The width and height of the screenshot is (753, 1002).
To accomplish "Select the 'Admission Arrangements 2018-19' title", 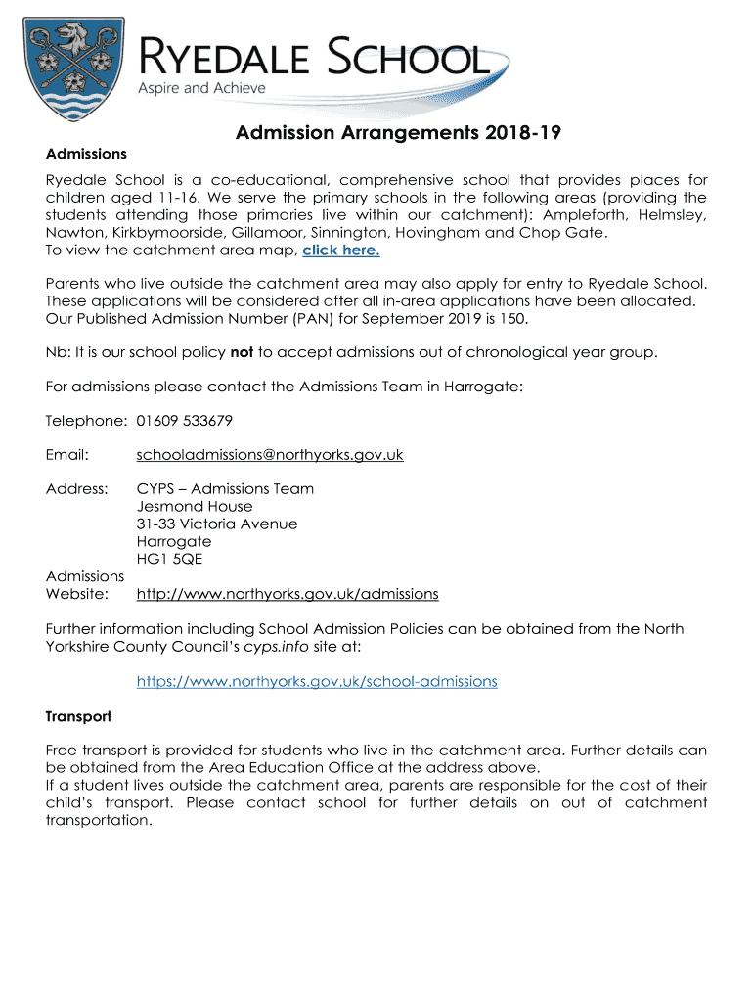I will coord(398,133).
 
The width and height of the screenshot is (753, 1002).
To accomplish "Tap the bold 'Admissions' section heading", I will coord(86,154).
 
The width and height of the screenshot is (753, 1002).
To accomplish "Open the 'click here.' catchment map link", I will coord(341,250).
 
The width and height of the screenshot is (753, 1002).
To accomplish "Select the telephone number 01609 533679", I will coord(185,421).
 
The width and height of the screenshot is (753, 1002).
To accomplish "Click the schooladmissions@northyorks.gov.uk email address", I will coord(270,455).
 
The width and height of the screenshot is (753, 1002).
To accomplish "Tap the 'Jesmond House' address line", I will coord(195,506).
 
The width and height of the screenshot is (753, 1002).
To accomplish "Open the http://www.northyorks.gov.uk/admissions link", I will coord(288,594).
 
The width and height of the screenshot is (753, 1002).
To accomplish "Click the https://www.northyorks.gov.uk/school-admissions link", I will coord(317,681).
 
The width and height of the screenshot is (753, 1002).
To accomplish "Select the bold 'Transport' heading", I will coord(78,716).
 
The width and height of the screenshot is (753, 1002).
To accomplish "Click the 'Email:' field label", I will coord(67,455).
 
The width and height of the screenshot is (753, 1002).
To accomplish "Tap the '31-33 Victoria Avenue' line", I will coord(217,524).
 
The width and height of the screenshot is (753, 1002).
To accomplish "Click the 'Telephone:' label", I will coord(86,421).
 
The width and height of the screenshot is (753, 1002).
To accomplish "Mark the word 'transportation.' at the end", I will coord(99,821).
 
